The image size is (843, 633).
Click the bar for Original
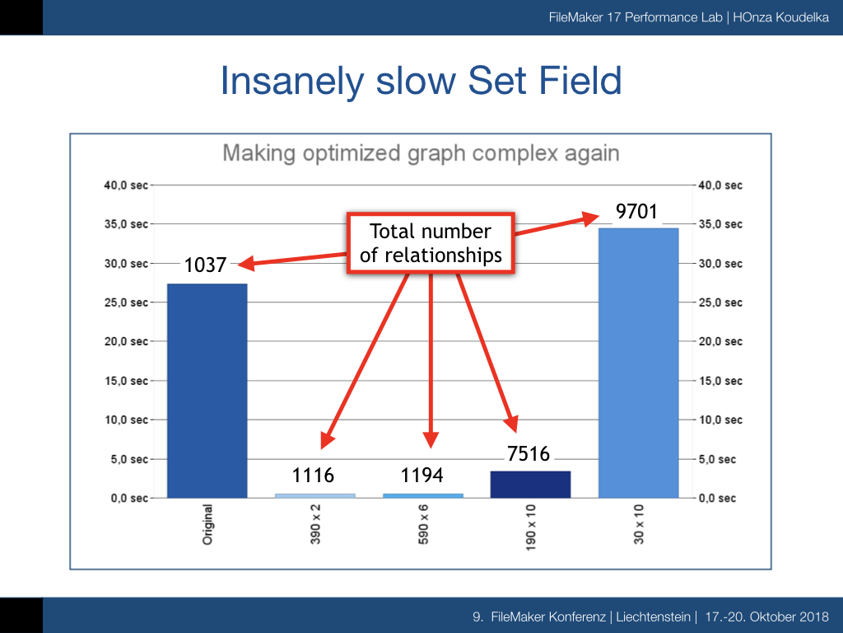coord(207,391)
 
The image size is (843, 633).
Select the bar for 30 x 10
coord(638,363)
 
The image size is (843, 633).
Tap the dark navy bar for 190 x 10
coord(530,485)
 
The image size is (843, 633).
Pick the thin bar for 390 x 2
coord(315,495)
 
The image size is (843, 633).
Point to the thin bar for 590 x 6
coord(423,495)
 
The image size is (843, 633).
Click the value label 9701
coord(636,212)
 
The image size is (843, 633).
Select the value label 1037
coord(205,265)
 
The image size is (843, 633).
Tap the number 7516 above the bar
coord(529,454)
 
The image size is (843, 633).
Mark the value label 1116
coord(313,476)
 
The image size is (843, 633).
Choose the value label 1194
coord(422,476)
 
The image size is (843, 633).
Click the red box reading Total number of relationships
coord(431,243)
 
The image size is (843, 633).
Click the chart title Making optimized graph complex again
coord(421,153)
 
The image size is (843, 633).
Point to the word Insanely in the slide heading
coord(293,82)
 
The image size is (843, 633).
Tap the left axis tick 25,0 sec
coord(126,302)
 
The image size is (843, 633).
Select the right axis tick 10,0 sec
coord(720,420)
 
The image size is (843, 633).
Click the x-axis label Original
coord(207,525)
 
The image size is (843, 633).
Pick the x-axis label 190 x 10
coord(531,527)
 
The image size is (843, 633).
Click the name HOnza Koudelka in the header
coord(780,17)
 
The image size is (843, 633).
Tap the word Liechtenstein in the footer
coord(653,617)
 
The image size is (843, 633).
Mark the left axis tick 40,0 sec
coord(126,185)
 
